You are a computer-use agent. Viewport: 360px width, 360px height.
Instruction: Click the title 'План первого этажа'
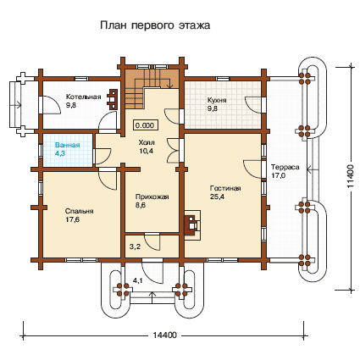(155, 25)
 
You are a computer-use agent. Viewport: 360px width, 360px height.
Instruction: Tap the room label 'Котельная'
(83, 97)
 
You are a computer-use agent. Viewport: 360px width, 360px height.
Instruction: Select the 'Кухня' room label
(217, 100)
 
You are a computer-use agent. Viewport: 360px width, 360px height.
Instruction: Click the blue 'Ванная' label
(68, 146)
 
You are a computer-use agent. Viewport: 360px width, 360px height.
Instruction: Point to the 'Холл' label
(147, 142)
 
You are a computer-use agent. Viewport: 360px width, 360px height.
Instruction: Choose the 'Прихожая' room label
(152, 197)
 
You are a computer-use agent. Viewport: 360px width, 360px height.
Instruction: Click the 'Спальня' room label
(80, 211)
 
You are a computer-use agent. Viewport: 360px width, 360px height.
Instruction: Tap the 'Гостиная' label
(225, 188)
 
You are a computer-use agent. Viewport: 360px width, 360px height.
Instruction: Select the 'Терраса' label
(285, 167)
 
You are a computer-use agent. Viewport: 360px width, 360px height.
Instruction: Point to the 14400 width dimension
(165, 335)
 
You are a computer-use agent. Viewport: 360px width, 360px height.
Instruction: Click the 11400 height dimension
(350, 176)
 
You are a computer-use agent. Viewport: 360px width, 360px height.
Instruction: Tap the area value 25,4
(217, 197)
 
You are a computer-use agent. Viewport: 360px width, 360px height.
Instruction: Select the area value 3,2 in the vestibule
(135, 246)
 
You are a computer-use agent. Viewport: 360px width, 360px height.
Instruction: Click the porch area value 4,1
(138, 280)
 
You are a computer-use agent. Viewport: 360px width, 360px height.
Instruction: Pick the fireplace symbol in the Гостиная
(193, 225)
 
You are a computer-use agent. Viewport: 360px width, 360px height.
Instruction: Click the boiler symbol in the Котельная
(113, 99)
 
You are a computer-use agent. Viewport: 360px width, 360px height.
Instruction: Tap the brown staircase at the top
(151, 85)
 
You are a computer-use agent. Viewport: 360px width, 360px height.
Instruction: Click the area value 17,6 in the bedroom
(73, 219)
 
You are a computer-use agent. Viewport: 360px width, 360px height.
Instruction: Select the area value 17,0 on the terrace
(279, 175)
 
